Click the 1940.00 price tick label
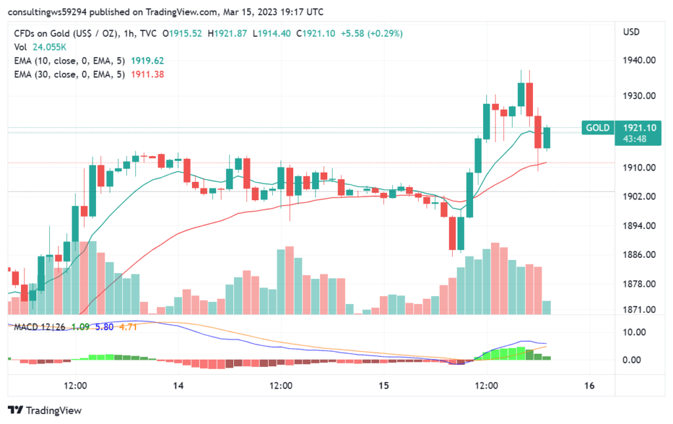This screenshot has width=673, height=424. point(639,60)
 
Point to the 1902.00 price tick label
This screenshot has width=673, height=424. point(639,197)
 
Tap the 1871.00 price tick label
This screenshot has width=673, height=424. point(639,309)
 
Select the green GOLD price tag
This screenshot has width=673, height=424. point(597,127)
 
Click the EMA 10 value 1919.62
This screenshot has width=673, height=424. point(147,60)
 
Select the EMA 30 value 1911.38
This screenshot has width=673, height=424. point(147,74)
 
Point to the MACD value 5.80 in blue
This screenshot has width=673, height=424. point(104,326)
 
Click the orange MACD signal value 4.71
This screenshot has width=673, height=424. point(128,326)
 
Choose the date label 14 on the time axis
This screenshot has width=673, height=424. point(178,386)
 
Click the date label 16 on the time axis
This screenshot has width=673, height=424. point(590,386)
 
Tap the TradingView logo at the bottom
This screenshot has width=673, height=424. point(45,410)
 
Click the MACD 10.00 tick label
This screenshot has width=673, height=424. point(635,332)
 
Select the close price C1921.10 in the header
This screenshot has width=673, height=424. point(315,33)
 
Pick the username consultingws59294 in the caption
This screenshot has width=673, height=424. point(47,12)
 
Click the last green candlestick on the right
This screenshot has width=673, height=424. point(547,138)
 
